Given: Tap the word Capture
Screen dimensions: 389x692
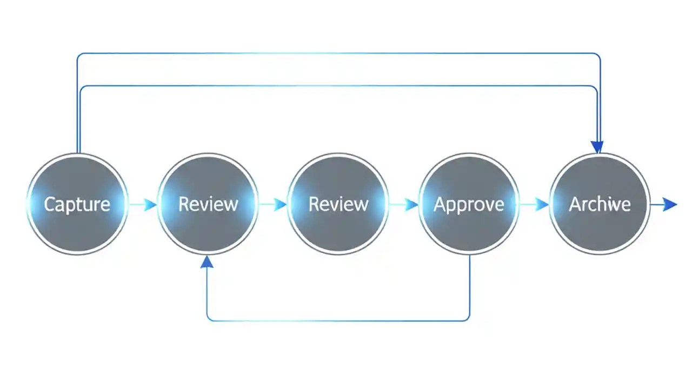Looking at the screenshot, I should pyautogui.click(x=77, y=204).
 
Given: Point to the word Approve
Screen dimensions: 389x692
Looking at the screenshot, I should pyautogui.click(x=469, y=204).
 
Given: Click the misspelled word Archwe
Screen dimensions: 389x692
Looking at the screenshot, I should pyautogui.click(x=600, y=204).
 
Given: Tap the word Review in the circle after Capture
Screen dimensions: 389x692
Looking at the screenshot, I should pyautogui.click(x=208, y=204).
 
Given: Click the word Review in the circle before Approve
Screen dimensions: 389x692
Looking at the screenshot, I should pyautogui.click(x=338, y=204).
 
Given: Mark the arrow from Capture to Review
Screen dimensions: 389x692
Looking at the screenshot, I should pyautogui.click(x=143, y=205).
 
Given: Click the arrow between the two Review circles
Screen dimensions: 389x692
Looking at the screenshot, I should pyautogui.click(x=273, y=205).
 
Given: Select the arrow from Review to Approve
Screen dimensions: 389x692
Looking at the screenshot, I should pyautogui.click(x=404, y=205).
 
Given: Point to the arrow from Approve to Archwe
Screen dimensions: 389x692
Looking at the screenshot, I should pyautogui.click(x=535, y=205).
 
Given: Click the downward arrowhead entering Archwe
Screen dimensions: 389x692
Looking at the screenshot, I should pyautogui.click(x=597, y=147).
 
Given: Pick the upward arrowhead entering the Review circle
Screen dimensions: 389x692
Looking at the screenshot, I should pyautogui.click(x=207, y=262).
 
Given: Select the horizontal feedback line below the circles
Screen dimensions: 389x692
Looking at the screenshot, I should pyautogui.click(x=338, y=320).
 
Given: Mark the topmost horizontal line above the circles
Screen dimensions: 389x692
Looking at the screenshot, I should pyautogui.click(x=338, y=53).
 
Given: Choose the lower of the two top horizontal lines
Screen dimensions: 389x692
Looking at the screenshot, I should pyautogui.click(x=338, y=86).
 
